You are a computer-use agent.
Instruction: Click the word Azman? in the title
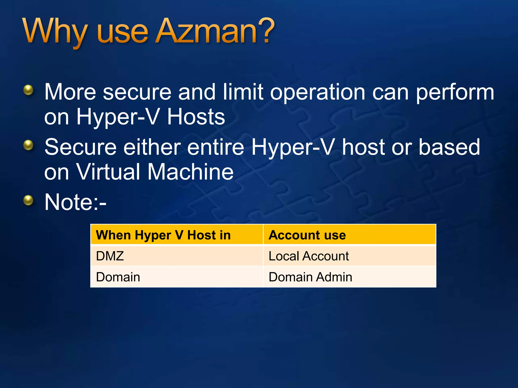(x=215, y=32)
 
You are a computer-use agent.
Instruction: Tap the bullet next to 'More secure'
(x=28, y=90)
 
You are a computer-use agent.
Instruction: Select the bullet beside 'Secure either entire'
(x=28, y=145)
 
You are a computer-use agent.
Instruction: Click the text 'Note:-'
(x=75, y=202)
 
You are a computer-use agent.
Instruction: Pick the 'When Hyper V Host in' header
(x=163, y=235)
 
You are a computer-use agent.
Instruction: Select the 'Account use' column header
(x=307, y=235)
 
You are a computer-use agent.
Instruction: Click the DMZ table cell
(x=110, y=256)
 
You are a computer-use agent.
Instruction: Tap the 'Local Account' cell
(x=309, y=256)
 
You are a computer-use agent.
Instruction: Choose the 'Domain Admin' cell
(x=310, y=277)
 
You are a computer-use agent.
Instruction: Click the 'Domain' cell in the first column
(x=118, y=277)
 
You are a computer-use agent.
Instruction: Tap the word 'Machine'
(x=190, y=172)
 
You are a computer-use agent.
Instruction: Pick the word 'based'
(x=449, y=147)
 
